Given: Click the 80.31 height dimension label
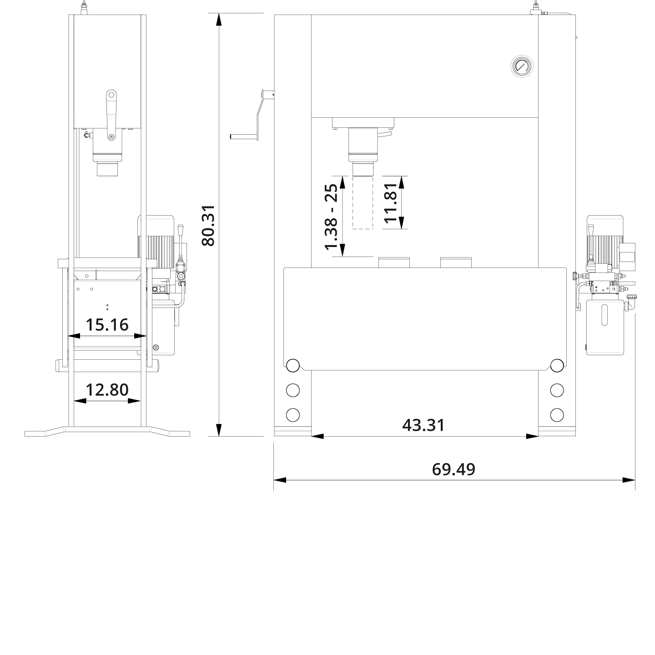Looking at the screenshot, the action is tap(208, 225).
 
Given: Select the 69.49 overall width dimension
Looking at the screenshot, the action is tap(453, 469).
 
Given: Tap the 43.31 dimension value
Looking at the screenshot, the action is tap(423, 425).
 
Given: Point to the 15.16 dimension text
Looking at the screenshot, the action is tap(107, 325).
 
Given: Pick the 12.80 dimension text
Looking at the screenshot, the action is tap(107, 390).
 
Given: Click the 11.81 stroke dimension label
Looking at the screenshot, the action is tap(391, 202).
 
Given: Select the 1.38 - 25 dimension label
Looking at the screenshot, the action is tap(331, 217).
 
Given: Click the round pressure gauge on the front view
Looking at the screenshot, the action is tap(521, 66).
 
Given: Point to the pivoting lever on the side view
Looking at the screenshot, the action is tap(111, 115).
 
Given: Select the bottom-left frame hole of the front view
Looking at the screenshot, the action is tap(292, 415).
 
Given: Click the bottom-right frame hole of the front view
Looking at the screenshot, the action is tap(557, 415).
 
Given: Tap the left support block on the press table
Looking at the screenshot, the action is tap(394, 262).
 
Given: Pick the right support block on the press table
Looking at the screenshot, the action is tap(456, 262).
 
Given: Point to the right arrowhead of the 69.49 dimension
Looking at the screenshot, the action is tap(629, 480).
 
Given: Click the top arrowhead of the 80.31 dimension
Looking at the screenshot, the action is tap(219, 20).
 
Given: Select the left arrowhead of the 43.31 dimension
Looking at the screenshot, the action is tap(317, 436).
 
